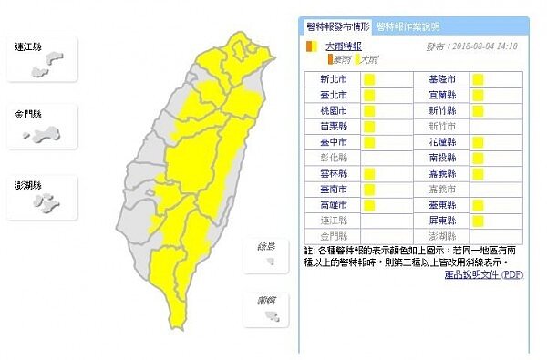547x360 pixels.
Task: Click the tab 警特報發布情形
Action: tap(336, 26)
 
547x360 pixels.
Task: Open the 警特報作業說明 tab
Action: tap(407, 26)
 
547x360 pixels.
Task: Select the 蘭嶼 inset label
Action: tap(266, 299)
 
